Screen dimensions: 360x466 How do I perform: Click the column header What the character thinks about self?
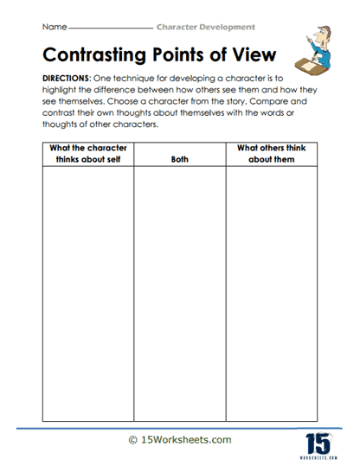(87, 154)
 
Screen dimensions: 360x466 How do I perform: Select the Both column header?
(179, 159)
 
